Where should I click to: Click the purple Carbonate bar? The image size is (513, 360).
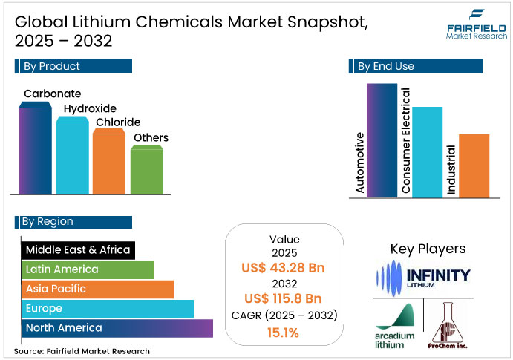(36, 152)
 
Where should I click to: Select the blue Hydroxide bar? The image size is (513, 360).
(72, 157)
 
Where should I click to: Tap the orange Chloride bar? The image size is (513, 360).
(108, 163)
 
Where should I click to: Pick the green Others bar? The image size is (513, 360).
(146, 171)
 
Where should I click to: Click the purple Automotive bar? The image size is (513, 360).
(382, 141)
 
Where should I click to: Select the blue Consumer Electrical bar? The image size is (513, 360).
(428, 152)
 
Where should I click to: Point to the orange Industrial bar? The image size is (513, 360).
(474, 166)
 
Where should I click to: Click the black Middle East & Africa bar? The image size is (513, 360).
(78, 250)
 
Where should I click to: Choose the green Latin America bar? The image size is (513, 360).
(88, 269)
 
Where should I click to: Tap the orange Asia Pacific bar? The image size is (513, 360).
(97, 289)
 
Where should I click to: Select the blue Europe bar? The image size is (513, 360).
(107, 308)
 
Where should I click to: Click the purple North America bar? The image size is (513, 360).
(117, 327)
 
